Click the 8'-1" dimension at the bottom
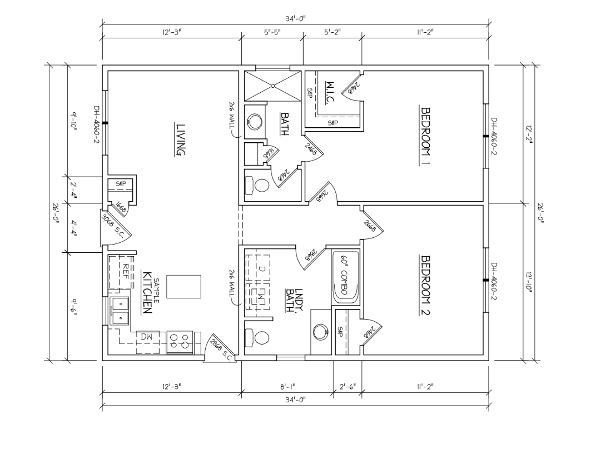pos(287,386)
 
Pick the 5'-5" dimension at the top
pos(272,33)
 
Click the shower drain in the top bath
pos(274,86)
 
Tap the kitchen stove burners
pos(180,341)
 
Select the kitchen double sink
pos(120,311)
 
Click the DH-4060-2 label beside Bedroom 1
pos(493,137)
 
